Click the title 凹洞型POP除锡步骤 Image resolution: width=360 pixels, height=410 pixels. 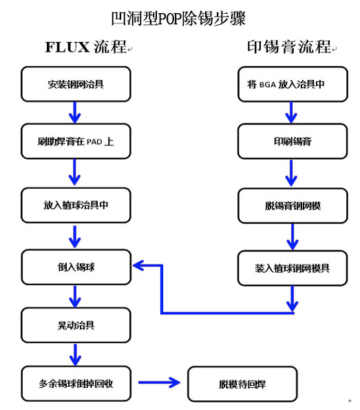pyautogui.click(x=178, y=17)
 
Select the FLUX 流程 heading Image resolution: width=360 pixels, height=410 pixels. pyautogui.click(x=86, y=47)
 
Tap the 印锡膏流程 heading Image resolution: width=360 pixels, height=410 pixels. pyautogui.click(x=288, y=47)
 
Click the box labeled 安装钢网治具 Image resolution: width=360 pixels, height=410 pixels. pyautogui.click(x=76, y=84)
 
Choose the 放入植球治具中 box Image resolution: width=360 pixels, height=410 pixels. pyautogui.click(x=76, y=205)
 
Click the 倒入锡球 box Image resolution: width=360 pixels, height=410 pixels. pyautogui.click(x=76, y=266)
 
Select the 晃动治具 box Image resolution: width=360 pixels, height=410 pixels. pyautogui.click(x=76, y=324)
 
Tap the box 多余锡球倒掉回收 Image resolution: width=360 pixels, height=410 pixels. pyautogui.click(x=76, y=383)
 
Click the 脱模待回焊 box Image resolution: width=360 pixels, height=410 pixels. pyautogui.click(x=242, y=383)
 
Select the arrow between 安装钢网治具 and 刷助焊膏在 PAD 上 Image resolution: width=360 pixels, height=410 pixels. pyautogui.click(x=75, y=111)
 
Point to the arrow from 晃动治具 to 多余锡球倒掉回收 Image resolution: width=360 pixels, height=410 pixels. pyautogui.click(x=75, y=353)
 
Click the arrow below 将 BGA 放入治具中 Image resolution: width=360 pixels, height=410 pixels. pyautogui.click(x=293, y=111)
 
